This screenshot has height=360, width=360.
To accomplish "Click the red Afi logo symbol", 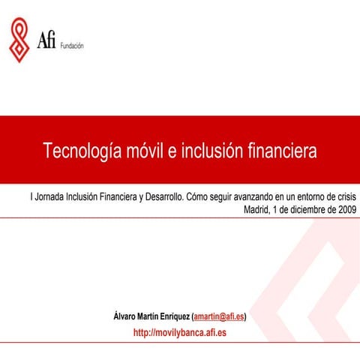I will (x=20, y=40).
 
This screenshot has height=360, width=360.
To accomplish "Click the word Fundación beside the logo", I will (x=71, y=46).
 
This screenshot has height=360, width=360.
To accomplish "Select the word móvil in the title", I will (x=144, y=150).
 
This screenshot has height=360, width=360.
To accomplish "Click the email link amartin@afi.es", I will (x=219, y=317).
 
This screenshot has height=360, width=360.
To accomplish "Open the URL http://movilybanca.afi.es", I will (x=179, y=331).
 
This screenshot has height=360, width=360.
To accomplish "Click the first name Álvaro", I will (x=126, y=317).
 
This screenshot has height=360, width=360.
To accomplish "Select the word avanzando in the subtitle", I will (x=256, y=196).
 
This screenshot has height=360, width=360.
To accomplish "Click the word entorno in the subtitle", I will (x=304, y=196).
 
